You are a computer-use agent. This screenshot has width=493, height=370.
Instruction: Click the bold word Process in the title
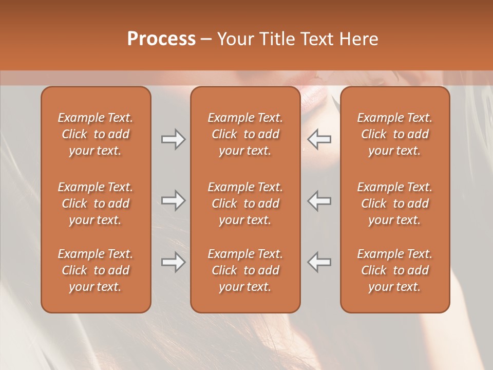(x=161, y=39)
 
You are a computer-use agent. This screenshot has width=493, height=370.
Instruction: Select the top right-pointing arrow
(x=174, y=139)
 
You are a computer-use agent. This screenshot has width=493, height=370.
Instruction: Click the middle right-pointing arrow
(x=174, y=200)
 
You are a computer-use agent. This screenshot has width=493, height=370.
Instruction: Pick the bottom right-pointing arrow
(x=174, y=262)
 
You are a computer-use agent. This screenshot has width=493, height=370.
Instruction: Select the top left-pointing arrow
(x=319, y=139)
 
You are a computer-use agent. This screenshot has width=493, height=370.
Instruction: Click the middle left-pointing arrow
(x=319, y=200)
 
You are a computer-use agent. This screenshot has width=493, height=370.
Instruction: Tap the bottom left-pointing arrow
(x=319, y=262)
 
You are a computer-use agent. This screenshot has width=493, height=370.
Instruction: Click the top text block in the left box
(x=96, y=134)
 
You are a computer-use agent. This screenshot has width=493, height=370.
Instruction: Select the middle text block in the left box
(x=96, y=203)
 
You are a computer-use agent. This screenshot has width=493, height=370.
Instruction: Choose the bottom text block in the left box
(x=96, y=270)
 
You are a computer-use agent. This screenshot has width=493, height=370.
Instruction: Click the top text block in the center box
(x=245, y=134)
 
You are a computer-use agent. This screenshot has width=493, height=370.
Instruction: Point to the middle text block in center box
(x=245, y=203)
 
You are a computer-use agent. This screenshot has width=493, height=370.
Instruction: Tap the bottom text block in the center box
(x=245, y=270)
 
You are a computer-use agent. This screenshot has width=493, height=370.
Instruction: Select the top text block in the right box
(x=395, y=134)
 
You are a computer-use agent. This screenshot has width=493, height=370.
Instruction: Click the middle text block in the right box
(x=395, y=203)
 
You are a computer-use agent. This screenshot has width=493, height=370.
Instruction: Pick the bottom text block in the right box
(x=395, y=270)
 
